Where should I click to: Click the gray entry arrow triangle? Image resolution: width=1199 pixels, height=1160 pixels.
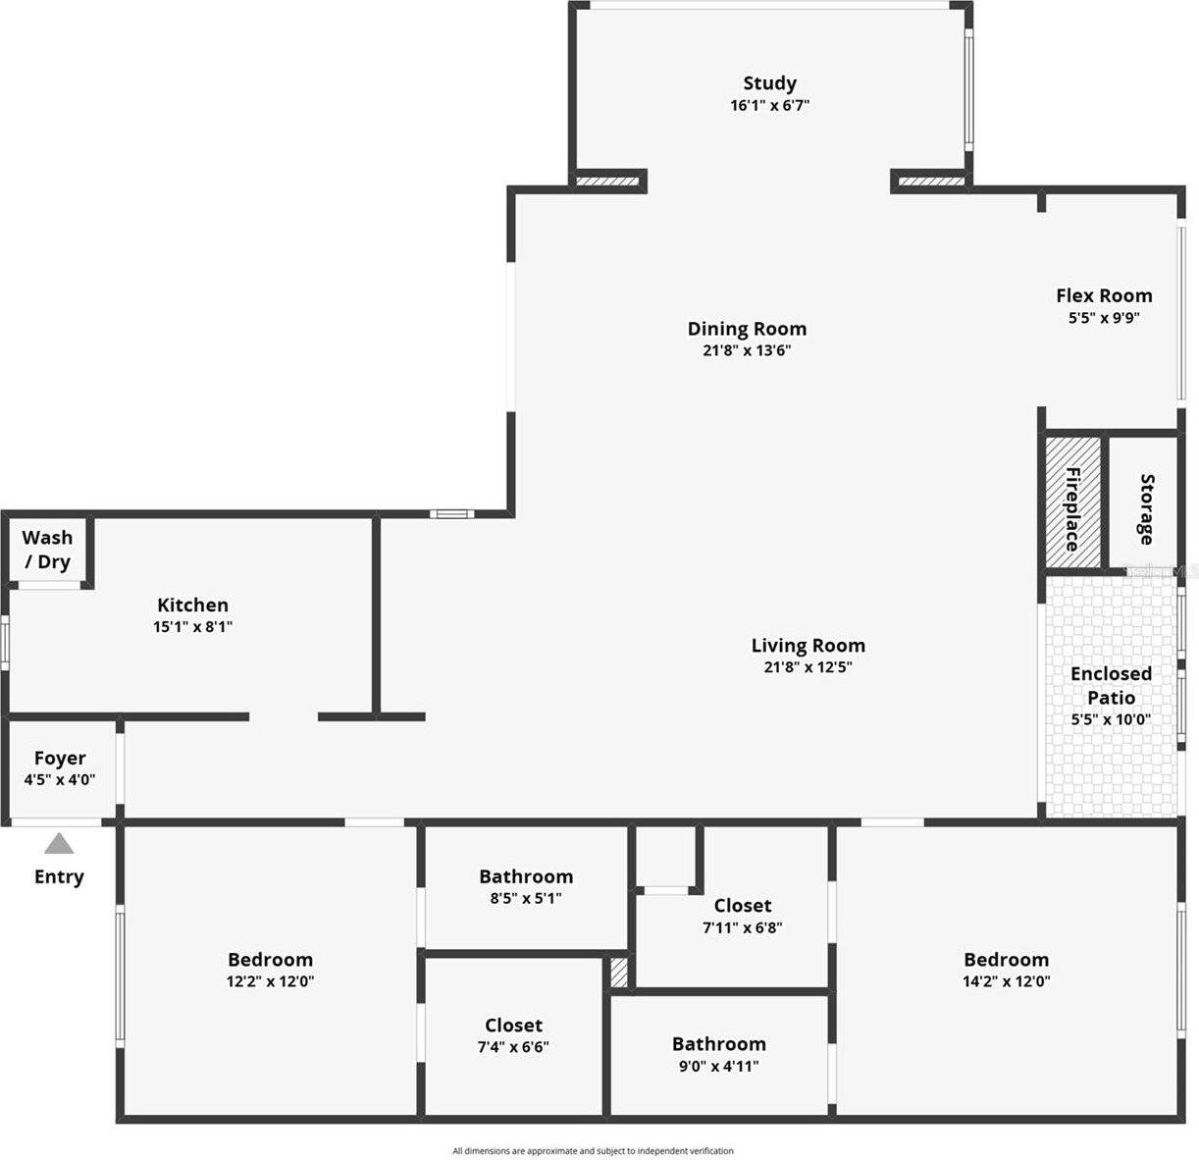pos(59,844)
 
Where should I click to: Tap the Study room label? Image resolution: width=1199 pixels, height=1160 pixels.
pos(769,83)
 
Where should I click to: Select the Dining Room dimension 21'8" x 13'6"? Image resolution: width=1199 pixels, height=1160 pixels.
pos(747,350)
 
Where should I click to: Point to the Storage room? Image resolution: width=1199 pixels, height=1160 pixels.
pos(1144,506)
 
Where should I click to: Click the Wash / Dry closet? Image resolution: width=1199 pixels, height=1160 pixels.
pos(47,550)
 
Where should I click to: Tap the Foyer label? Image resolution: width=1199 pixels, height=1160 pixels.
pos(60,758)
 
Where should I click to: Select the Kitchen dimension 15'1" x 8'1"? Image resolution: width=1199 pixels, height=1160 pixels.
pos(192,627)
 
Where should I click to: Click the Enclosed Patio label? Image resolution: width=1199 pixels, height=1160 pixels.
pos(1111,685)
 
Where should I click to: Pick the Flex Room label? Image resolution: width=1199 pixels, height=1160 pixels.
pos(1104,295)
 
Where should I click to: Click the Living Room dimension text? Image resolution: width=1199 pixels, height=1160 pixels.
pos(808,667)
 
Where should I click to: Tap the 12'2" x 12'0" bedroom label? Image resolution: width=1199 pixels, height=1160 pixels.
pos(270,960)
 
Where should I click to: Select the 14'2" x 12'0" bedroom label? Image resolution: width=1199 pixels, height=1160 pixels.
pos(1006,960)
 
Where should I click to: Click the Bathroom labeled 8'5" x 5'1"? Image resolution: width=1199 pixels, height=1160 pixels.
pos(526,876)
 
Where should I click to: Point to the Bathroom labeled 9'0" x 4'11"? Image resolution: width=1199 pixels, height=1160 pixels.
pos(719,1044)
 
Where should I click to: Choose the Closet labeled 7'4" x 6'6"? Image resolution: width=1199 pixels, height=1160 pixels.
pos(513,1026)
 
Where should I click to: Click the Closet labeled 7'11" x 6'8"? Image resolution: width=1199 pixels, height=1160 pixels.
pos(742,906)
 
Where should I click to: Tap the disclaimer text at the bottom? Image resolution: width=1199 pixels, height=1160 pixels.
pos(593,1151)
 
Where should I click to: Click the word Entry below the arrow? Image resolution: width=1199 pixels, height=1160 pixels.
pos(59,876)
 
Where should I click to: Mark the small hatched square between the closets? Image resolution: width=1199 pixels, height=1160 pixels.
pos(619,972)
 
